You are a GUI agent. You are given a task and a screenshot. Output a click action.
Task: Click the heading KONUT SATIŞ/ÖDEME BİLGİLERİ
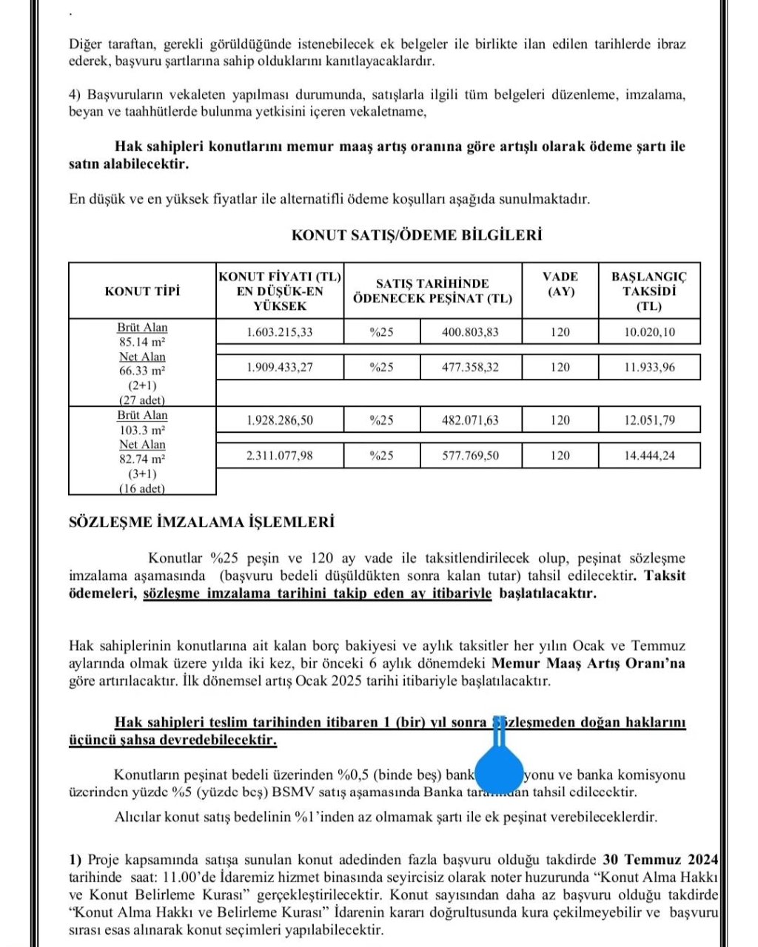(x=416, y=235)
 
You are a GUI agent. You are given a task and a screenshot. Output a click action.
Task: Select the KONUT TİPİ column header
(x=142, y=291)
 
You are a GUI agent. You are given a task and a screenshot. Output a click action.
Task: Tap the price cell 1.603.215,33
(x=280, y=332)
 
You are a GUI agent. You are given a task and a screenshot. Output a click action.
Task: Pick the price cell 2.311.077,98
(x=280, y=456)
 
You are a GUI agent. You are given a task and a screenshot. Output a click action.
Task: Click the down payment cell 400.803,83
(x=471, y=332)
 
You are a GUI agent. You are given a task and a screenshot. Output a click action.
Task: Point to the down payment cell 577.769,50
(x=471, y=456)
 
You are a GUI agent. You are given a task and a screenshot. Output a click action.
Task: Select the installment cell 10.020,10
(x=649, y=332)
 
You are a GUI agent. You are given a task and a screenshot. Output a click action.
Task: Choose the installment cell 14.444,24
(x=649, y=456)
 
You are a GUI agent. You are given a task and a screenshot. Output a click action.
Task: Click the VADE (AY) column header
(x=560, y=284)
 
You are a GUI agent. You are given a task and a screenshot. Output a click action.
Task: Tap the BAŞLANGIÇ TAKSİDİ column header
(x=649, y=291)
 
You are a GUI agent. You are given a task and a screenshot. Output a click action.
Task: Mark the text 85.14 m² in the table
(x=142, y=343)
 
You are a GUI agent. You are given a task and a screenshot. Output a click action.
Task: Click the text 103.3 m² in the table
(x=142, y=430)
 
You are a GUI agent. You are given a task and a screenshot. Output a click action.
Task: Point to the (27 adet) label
(x=142, y=400)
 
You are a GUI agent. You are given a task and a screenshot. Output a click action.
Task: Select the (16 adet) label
(x=142, y=488)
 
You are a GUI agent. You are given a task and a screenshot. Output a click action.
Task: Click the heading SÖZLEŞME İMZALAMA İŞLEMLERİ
(x=201, y=522)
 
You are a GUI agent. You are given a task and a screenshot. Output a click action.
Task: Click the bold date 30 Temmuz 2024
(x=660, y=860)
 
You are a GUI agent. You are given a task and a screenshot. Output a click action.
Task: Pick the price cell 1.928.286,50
(x=280, y=420)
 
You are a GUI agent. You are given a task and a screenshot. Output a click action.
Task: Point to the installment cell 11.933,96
(x=649, y=367)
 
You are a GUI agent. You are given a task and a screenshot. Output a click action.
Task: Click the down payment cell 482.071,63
(x=471, y=420)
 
